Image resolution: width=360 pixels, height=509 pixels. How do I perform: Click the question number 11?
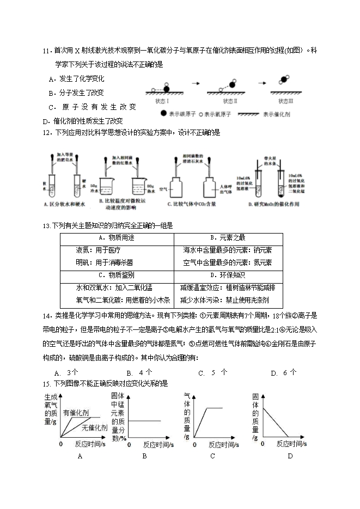[46, 51]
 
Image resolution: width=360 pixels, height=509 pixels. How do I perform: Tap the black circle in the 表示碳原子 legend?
[164, 115]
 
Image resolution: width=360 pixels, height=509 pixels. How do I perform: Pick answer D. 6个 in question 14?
[283, 373]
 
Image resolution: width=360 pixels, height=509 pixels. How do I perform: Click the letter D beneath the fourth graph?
[290, 456]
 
